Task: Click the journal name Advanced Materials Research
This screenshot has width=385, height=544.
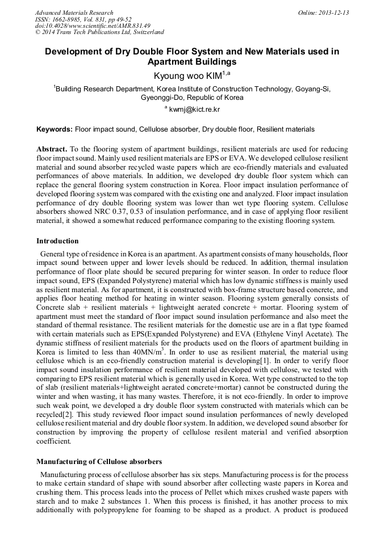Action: pos(74,12)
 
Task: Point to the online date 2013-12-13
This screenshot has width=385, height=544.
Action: pos(334,12)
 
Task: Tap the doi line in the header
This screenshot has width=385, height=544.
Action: pos(93,26)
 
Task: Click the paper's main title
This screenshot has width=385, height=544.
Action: pos(192,56)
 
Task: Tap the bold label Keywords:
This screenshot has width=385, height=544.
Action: pos(54,129)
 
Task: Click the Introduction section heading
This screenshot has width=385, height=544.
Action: pos(57,241)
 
